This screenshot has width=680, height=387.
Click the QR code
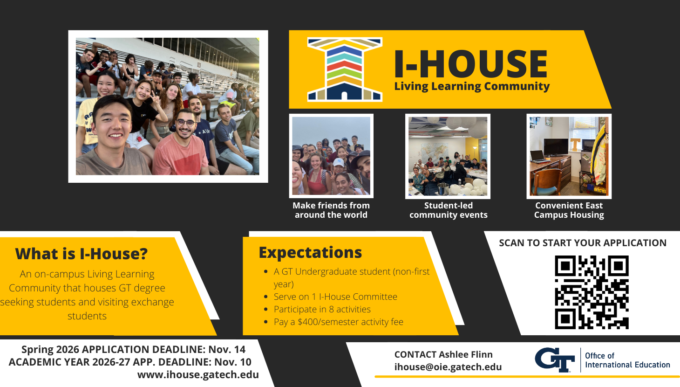coord(592,292)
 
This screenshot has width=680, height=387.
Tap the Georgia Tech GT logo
coord(555,360)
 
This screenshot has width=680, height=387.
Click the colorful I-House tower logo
coord(345,69)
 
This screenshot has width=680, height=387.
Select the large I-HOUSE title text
coord(471,64)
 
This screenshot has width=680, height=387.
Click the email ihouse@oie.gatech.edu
coord(448,367)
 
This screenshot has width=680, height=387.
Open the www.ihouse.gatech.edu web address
coord(198,375)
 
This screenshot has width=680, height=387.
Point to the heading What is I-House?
coord(82,254)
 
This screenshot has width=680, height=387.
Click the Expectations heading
coord(310,253)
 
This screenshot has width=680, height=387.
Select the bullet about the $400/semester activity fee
coord(339,322)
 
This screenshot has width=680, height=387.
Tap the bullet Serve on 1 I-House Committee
coord(335,297)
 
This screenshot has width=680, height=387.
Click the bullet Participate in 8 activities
coord(322,309)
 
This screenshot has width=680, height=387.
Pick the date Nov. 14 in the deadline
coord(227,350)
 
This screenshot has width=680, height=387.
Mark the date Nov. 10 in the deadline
coord(233,362)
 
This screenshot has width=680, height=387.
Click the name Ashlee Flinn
coord(466,354)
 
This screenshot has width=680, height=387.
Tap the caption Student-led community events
coord(449,210)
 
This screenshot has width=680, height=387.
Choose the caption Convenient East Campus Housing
coord(569,210)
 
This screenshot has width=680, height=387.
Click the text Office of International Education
coord(627,360)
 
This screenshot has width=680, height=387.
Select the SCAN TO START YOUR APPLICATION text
coord(583,243)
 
